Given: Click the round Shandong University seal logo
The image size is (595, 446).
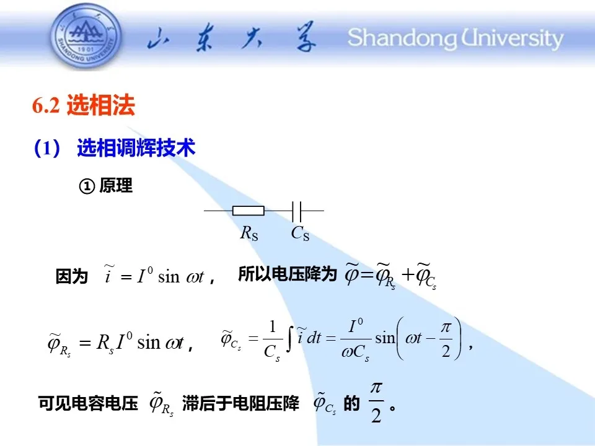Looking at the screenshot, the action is point(86,37).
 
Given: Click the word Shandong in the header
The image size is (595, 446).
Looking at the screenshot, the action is point(402,38).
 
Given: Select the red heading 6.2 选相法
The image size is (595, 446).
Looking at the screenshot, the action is point(84,105).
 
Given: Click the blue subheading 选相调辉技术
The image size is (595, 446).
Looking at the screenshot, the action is point(136,147).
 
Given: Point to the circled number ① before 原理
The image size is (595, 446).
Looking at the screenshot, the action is point(87,186).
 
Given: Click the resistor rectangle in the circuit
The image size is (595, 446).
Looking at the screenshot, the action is point(248,211).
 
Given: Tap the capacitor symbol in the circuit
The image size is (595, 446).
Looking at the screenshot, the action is point(297,211).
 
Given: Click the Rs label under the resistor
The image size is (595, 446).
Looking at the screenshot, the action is point(249,233).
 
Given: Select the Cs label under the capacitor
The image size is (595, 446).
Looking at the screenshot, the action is point(300,233).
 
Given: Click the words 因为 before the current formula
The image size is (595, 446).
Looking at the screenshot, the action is point(71,276).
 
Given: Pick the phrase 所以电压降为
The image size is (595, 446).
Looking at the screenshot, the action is point(287,274).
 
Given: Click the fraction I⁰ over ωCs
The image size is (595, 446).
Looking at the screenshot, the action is point(356,339).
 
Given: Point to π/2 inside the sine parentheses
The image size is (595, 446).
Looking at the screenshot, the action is point(446,339).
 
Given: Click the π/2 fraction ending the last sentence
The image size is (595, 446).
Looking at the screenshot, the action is point(376,402).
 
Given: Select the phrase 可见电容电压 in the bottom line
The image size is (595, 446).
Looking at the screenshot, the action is point(88,403).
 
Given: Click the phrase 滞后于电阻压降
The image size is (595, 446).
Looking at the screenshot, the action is point(240,403).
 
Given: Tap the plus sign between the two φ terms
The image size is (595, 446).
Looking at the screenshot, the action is point(408,274).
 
